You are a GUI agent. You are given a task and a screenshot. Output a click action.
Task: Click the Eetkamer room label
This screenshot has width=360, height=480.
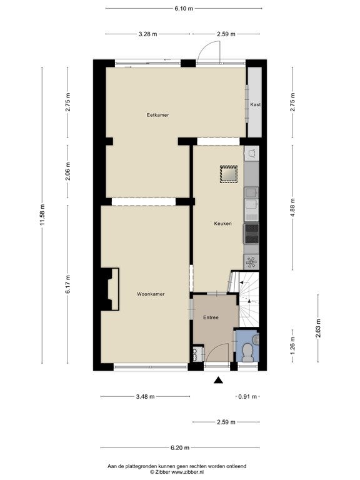[x=157, y=115]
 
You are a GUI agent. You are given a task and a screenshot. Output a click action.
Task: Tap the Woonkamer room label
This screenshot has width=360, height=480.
[x=151, y=294]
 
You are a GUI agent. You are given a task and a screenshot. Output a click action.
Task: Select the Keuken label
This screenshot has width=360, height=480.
[x=223, y=224]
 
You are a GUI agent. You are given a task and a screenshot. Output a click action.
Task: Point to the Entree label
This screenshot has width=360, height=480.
[x=211, y=317]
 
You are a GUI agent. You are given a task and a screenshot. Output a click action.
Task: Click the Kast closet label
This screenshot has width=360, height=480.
[x=255, y=104]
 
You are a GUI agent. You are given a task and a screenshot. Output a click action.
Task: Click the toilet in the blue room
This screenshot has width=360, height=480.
[x=247, y=351]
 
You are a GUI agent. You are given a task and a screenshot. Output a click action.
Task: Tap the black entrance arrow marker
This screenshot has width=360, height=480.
[x=218, y=380]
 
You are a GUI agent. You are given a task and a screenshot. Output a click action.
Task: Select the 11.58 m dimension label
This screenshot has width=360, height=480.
[x=42, y=215]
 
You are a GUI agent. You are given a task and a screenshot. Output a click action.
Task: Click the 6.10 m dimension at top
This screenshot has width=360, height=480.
[x=184, y=9]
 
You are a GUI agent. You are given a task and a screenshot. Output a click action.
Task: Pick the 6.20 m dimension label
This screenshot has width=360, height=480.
[x=180, y=447]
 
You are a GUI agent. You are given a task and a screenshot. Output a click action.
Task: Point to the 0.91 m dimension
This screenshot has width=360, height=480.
[x=247, y=396]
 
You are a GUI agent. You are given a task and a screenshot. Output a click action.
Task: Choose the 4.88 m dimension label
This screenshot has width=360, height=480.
[x=292, y=207]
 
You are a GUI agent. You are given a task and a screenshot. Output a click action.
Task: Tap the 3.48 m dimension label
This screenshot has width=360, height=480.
[x=145, y=396]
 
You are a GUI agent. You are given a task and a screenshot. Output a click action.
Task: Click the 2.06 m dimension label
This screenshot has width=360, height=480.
[x=68, y=171]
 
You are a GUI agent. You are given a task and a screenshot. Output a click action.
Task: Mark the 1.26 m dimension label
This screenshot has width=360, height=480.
[x=292, y=345]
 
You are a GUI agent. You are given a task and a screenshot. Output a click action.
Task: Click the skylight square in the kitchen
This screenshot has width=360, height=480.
[x=229, y=174]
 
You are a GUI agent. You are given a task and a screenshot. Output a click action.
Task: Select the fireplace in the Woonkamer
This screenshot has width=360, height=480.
[x=111, y=289]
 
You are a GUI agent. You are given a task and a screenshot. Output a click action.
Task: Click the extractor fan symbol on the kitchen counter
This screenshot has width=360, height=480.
[x=251, y=262]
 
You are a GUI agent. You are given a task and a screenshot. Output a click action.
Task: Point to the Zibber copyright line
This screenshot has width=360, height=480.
[x=177, y=472]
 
